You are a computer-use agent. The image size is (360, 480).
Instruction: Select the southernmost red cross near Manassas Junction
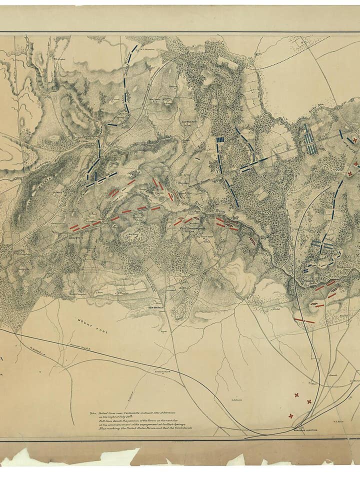click(291, 415)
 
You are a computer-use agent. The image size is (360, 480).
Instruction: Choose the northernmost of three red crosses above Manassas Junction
click(296, 395)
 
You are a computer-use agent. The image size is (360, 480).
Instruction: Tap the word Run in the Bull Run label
click(220, 213)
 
